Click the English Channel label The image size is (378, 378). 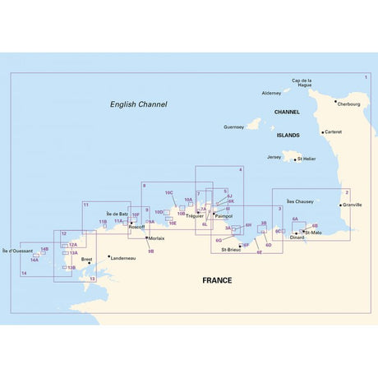pos(139,104)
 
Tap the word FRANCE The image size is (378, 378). pos(217,280)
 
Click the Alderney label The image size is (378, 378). pos(270,94)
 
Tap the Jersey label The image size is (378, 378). pos(274,155)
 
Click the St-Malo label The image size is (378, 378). pos(314,233)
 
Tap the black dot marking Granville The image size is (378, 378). pos(340,203)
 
